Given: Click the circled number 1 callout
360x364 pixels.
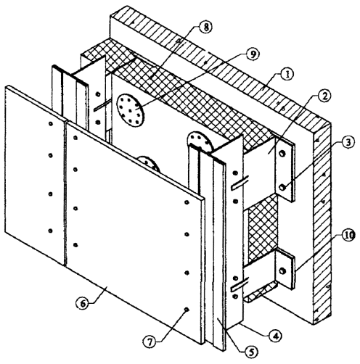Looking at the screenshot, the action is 287,75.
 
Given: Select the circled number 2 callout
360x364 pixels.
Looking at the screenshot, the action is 324,96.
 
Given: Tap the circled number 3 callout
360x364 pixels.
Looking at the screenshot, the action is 348,142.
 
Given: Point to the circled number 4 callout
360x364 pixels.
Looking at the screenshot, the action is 276,335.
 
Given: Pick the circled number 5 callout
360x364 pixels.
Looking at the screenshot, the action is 251,352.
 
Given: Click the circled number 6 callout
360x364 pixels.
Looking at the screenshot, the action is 83,304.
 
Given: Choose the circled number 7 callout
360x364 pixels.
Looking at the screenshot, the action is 150,342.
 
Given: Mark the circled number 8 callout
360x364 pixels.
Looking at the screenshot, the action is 205,27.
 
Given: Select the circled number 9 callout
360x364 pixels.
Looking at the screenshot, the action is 252,55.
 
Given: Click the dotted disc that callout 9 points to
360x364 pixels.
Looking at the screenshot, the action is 131,110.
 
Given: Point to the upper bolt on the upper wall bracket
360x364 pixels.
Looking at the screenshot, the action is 282,154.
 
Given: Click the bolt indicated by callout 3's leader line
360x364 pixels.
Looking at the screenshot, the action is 282,187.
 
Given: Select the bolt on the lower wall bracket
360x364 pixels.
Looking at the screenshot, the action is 282,270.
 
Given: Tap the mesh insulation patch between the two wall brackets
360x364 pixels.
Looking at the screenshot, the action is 263,229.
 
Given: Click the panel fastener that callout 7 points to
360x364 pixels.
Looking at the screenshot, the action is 187,310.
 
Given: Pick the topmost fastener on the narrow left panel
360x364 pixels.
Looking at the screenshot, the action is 51,124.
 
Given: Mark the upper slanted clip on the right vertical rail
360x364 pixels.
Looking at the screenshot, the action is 240,183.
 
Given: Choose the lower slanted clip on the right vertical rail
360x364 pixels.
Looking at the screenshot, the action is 240,284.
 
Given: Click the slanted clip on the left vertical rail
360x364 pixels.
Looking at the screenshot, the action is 102,105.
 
